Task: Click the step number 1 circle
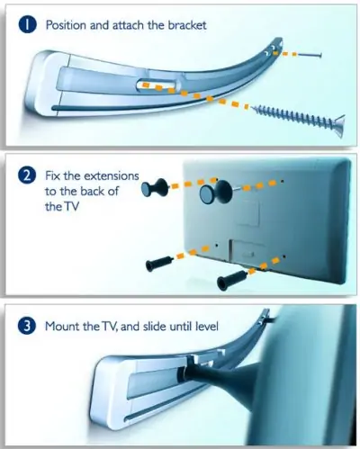pyautogui.click(x=27, y=25)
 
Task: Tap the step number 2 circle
pyautogui.click(x=27, y=175)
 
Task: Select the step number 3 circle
pyautogui.click(x=27, y=327)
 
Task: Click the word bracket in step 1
pyautogui.click(x=187, y=25)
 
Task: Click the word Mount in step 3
pyautogui.click(x=62, y=326)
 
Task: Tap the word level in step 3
pyautogui.click(x=207, y=326)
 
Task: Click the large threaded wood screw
pyautogui.click(x=298, y=118)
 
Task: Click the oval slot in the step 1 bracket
pyautogui.click(x=158, y=85)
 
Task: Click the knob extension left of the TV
pyautogui.click(x=155, y=188)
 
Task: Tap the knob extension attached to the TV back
pyautogui.click(x=217, y=192)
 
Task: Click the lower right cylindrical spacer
pyautogui.click(x=232, y=279)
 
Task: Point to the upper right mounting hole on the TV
pyautogui.click(x=283, y=181)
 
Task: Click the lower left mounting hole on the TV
pyautogui.click(x=217, y=246)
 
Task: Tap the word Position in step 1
pyautogui.click(x=66, y=25)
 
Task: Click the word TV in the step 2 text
pyautogui.click(x=71, y=207)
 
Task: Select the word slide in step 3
pyautogui.click(x=155, y=326)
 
